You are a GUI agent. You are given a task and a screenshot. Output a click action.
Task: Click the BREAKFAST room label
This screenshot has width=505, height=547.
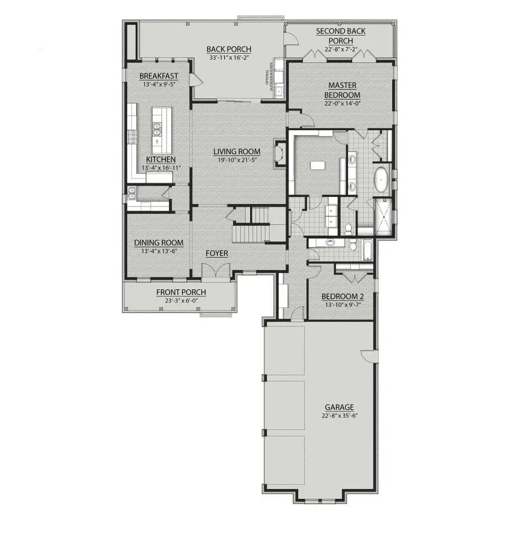(159, 76)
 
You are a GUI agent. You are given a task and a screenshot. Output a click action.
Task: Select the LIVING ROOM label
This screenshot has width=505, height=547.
(237, 151)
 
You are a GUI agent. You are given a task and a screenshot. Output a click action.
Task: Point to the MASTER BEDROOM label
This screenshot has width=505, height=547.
(342, 90)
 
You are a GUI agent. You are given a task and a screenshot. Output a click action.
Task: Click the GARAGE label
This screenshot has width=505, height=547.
(339, 407)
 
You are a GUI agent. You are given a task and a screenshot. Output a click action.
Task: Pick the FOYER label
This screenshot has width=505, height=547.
(217, 254)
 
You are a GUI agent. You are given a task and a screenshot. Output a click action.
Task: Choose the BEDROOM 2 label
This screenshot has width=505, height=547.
(342, 297)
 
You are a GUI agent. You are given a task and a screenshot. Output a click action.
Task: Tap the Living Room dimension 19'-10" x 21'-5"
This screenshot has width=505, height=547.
(237, 160)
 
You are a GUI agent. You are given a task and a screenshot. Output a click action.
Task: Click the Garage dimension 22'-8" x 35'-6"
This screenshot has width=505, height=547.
(339, 416)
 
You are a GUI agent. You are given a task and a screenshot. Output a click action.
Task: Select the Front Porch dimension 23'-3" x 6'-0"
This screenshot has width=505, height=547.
(181, 300)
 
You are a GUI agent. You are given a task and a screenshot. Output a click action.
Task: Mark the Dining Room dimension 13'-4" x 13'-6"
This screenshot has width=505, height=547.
(159, 251)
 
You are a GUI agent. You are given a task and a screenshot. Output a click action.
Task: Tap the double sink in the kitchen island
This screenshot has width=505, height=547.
(159, 130)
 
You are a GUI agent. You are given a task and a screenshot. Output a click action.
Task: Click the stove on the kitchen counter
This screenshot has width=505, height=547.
(133, 136)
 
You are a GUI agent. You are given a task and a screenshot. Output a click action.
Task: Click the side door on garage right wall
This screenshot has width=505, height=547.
(368, 356)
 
